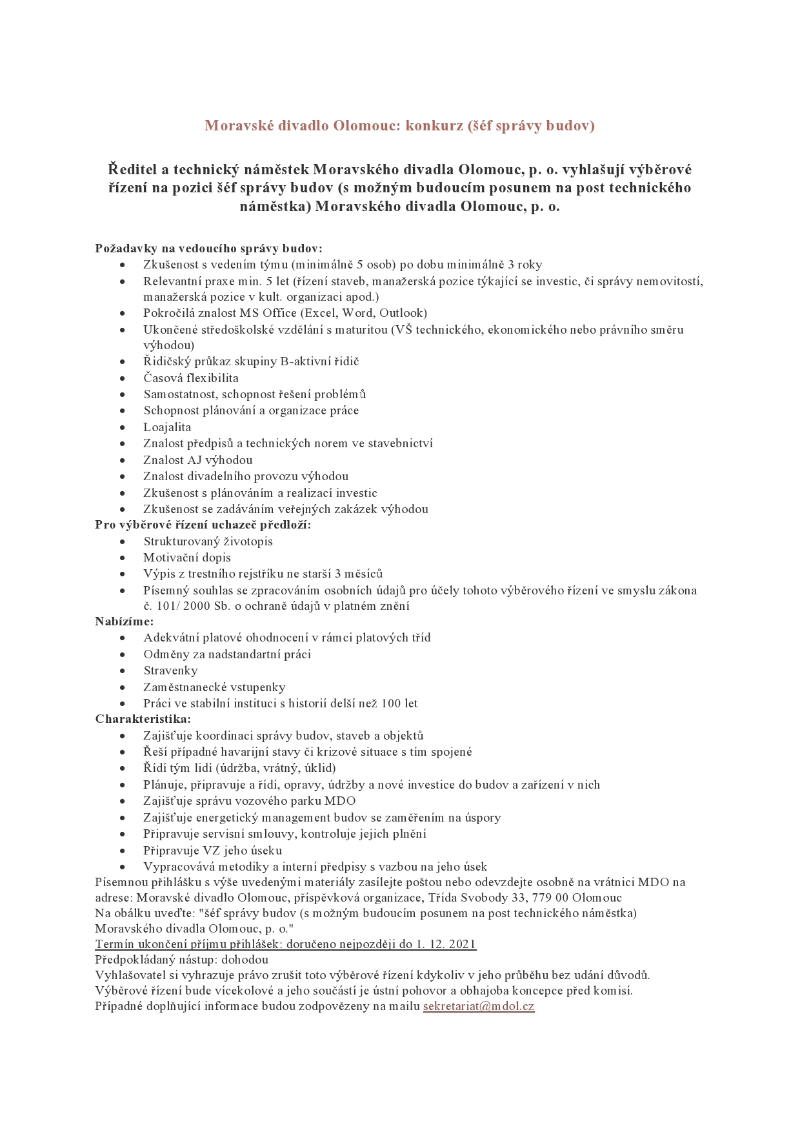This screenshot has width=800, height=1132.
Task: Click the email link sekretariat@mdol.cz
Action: click(479, 1006)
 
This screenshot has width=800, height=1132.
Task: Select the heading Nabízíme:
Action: click(125, 622)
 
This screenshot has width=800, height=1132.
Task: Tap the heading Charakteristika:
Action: click(143, 719)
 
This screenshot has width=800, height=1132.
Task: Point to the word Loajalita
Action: click(167, 427)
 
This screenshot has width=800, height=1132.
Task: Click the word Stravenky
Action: click(170, 671)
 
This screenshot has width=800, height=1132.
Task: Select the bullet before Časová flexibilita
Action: click(123, 378)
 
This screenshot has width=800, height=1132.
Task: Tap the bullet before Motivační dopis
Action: click(123, 558)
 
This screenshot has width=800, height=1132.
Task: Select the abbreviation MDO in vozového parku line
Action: click(342, 801)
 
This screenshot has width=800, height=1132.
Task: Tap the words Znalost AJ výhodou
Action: click(197, 460)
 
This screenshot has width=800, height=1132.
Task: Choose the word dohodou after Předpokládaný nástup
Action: click(241, 960)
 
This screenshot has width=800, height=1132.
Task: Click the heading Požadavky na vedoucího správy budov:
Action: click(208, 248)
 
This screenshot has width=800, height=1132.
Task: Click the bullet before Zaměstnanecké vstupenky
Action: click(123, 687)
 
